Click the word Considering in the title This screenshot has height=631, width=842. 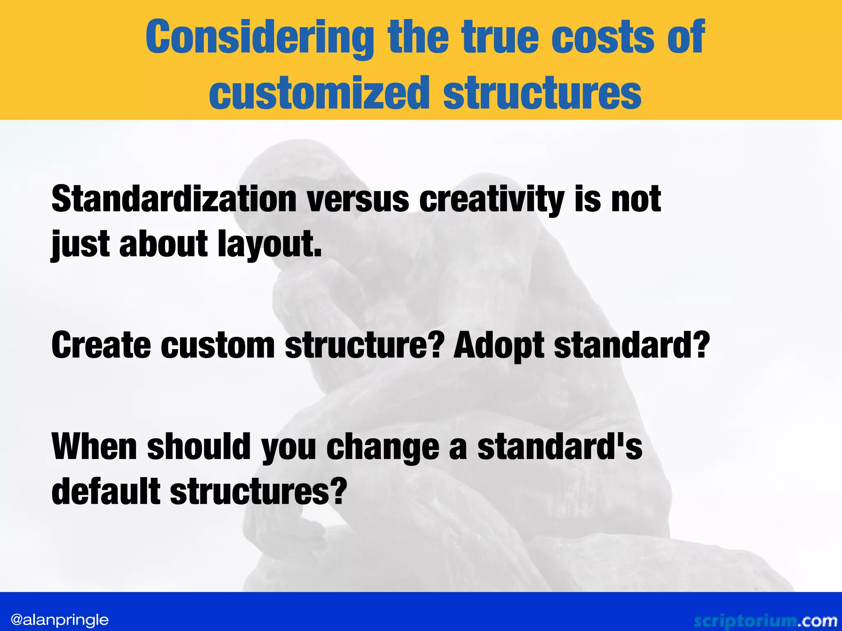[259, 38]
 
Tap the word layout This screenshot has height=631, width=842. [269, 245]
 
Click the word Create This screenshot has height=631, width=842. [101, 345]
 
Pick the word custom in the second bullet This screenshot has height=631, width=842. [217, 345]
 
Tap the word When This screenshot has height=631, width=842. [94, 447]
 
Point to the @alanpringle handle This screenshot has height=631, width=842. [60, 619]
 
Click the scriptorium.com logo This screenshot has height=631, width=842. [765, 621]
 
